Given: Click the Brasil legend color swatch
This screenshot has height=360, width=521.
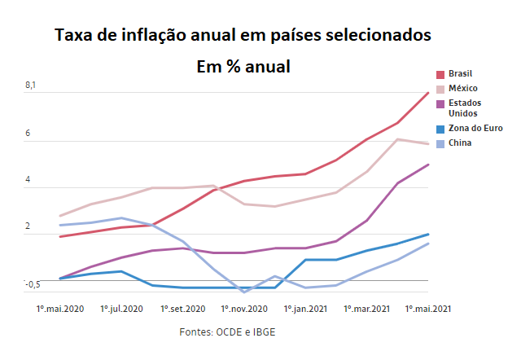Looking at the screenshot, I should click(440, 74).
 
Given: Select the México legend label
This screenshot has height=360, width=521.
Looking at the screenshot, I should click(463, 88).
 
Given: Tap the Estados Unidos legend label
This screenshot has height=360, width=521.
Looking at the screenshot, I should click(466, 108).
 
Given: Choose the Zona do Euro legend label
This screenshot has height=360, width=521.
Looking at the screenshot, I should click(475, 129).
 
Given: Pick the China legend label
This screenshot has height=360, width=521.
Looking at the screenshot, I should click(460, 143).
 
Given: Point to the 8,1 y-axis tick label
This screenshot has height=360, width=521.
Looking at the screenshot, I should click(31, 85).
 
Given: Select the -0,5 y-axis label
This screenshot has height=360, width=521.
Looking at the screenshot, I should click(32, 283).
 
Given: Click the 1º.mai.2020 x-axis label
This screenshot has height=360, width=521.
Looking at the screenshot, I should click(60, 309).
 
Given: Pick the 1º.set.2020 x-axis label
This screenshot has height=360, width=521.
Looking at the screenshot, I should click(182, 309).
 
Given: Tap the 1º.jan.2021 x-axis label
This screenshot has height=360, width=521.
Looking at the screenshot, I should click(304, 309).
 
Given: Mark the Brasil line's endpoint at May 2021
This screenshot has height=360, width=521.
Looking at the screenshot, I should click(428, 93).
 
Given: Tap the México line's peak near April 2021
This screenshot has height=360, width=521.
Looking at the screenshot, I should click(397, 139).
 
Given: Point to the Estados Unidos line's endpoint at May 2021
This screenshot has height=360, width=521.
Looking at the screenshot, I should click(428, 165).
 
